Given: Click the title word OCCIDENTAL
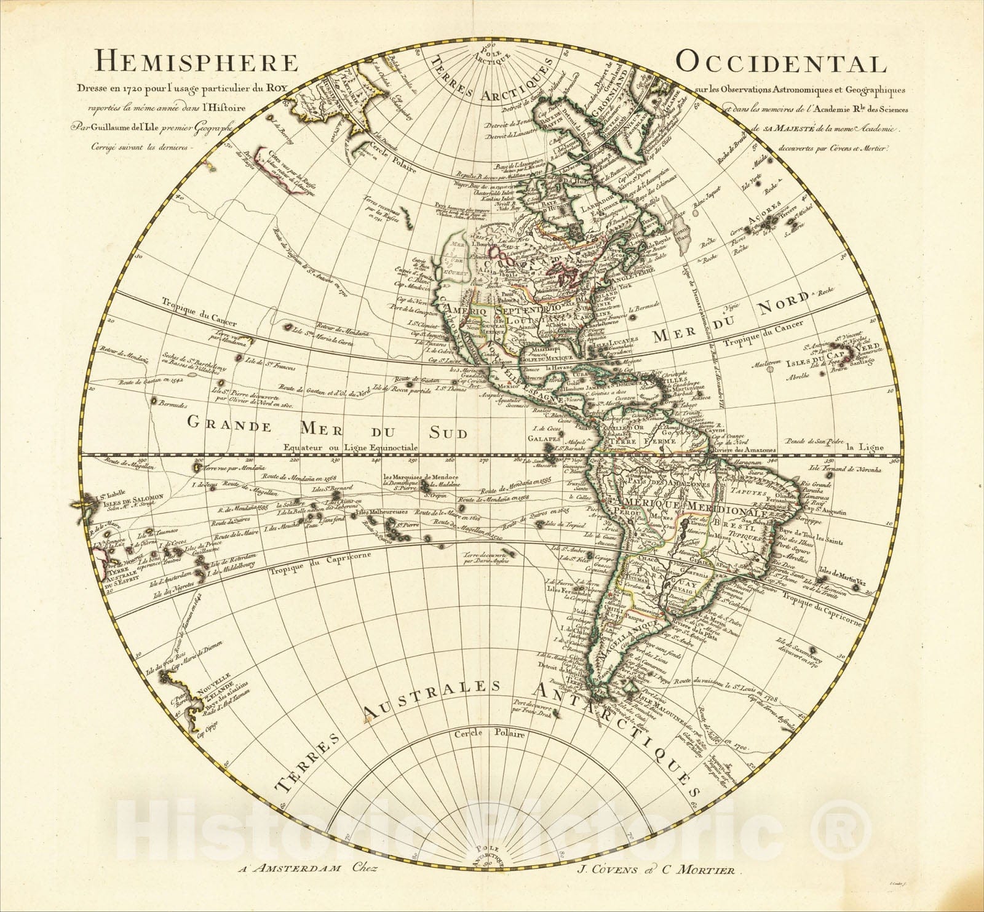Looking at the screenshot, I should pos(781,63).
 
